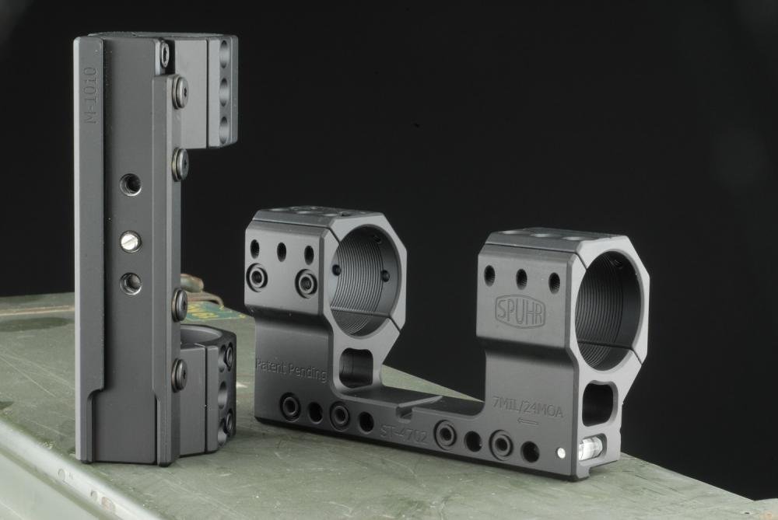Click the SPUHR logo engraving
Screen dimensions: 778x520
pyautogui.click(x=520, y=312)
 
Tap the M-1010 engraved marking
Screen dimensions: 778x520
pyautogui.click(x=90, y=95)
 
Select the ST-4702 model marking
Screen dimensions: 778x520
pyautogui.click(x=403, y=434)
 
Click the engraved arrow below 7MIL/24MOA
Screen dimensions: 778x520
pyautogui.click(x=527, y=422)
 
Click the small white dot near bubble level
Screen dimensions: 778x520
pyautogui.click(x=561, y=452)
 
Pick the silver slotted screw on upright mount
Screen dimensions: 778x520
pyautogui.click(x=131, y=242)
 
